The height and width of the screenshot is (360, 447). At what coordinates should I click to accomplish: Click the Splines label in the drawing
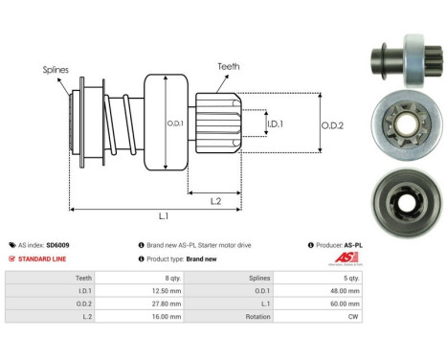click(55, 69)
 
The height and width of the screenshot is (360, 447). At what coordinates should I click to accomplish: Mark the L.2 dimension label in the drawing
click(217, 200)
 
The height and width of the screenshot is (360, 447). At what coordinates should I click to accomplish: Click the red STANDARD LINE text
click(43, 259)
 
